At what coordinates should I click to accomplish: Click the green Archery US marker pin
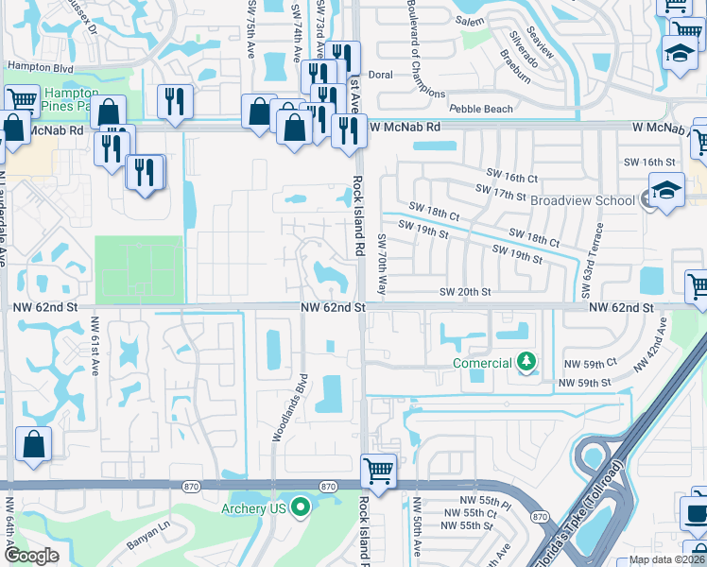click(302, 508)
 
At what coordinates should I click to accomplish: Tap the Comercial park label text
click(482, 363)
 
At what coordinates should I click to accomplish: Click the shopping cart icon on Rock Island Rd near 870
click(378, 470)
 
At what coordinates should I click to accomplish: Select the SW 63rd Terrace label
click(598, 250)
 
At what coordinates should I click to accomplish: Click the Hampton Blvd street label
click(40, 66)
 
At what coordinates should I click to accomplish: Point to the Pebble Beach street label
click(481, 109)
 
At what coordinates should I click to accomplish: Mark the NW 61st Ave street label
click(95, 346)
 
